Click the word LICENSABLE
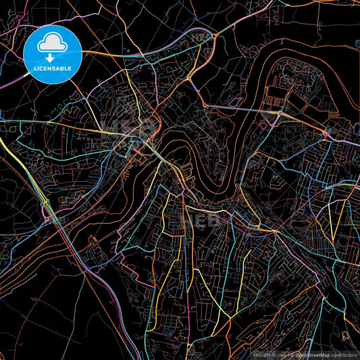pos(53,70)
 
